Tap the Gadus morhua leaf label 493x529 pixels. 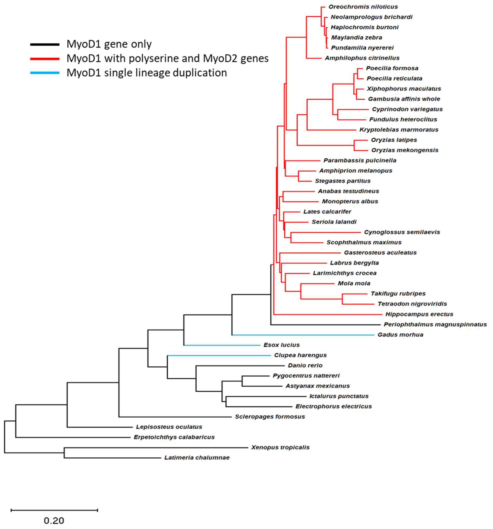[x=400, y=335]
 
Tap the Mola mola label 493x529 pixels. [x=354, y=283]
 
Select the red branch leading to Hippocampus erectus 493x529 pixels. [x=327, y=314]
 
